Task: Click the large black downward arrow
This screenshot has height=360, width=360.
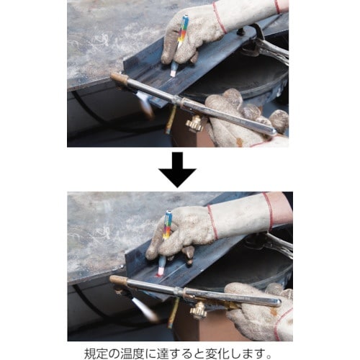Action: point(179,171)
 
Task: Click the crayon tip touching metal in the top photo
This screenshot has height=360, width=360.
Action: point(174,73)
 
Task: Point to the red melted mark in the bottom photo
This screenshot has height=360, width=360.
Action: point(160,274)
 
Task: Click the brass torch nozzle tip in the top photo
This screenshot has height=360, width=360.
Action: point(117,78)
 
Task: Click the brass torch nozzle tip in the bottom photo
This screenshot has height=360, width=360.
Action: point(117,281)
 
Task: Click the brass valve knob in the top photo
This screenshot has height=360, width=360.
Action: point(195,124)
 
